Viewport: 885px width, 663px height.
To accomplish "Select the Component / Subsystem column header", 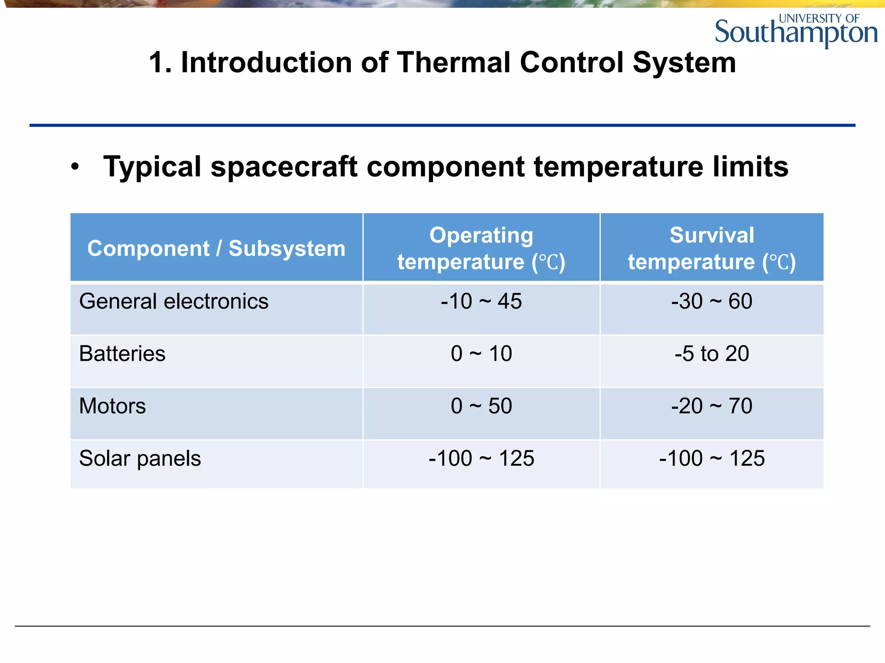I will pyautogui.click(x=216, y=249).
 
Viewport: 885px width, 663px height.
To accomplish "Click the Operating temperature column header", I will pyautogui.click(x=481, y=248).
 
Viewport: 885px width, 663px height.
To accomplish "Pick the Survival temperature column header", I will pyautogui.click(x=712, y=248).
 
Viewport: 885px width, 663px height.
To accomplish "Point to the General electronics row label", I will pyautogui.click(x=174, y=301).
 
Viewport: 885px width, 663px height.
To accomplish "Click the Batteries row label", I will pyautogui.click(x=122, y=354).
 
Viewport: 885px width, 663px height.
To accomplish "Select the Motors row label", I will pyautogui.click(x=112, y=406).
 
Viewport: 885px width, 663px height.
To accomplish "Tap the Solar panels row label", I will pyautogui.click(x=140, y=458).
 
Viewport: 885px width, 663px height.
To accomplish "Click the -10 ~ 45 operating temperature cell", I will pyautogui.click(x=481, y=301).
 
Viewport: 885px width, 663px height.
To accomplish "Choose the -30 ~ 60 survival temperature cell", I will pyautogui.click(x=712, y=301).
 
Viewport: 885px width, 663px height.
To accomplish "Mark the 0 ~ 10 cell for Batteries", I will pyautogui.click(x=481, y=354).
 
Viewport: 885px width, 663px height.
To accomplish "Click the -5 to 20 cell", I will pyautogui.click(x=712, y=354).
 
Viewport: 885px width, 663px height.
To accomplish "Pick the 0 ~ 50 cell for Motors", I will pyautogui.click(x=481, y=406).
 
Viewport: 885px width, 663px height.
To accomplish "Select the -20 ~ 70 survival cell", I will pyautogui.click(x=712, y=406).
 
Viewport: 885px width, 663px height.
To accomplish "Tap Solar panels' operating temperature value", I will pyautogui.click(x=481, y=458).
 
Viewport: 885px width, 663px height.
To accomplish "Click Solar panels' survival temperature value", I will pyautogui.click(x=712, y=458).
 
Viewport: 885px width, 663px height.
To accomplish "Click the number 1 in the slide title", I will pyautogui.click(x=156, y=63).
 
